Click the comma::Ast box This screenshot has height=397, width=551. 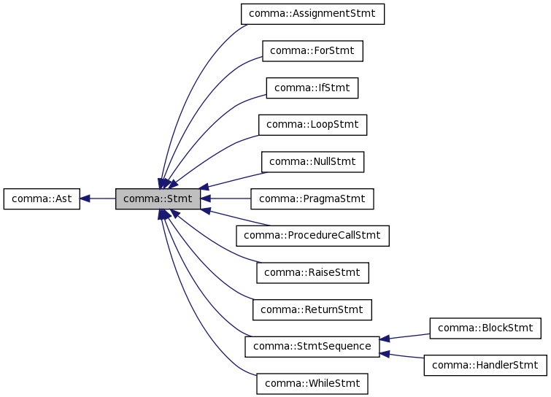tap(41, 198)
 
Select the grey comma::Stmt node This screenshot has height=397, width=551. tap(158, 198)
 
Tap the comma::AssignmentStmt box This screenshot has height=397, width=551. tap(312, 14)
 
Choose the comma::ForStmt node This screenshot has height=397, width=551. tap(312, 51)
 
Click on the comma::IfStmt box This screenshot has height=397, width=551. tap(312, 88)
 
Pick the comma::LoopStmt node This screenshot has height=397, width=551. tap(312, 125)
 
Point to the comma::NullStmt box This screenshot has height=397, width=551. tap(312, 161)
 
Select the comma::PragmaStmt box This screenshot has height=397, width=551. tap(312, 198)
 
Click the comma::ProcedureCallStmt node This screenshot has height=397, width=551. tap(312, 235)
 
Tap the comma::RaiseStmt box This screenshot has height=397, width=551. tap(312, 272)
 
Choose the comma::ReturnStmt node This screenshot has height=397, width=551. tap(312, 309)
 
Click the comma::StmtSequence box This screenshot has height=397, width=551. tap(312, 346)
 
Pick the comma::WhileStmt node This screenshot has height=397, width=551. tap(312, 383)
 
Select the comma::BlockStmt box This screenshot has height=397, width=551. tap(485, 328)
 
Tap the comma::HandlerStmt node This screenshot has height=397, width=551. tap(485, 365)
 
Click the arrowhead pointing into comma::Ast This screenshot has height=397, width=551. tap(85, 198)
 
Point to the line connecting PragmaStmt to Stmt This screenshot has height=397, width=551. tap(230, 198)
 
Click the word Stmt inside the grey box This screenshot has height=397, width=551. tap(179, 198)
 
